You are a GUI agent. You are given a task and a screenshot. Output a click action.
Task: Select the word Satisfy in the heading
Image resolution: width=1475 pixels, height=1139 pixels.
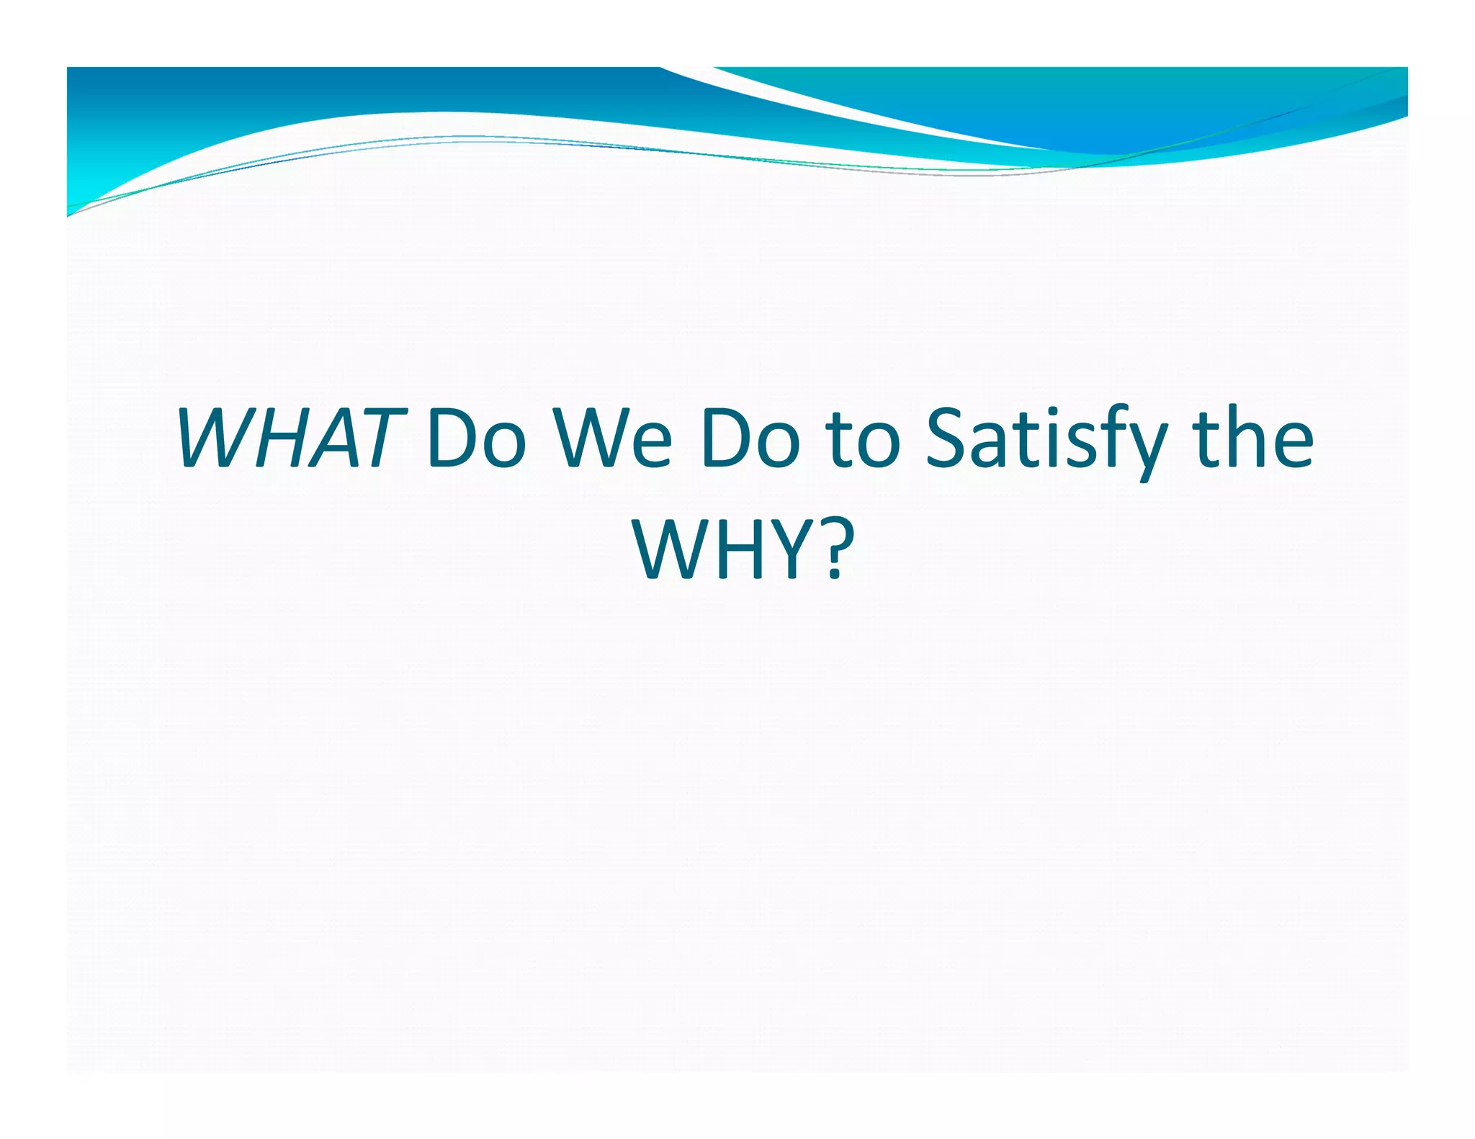[x=1044, y=439]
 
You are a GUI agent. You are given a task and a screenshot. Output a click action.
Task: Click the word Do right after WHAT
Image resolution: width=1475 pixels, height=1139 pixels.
[x=475, y=438]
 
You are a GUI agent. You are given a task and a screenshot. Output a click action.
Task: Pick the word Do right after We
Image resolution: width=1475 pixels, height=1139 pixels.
[x=749, y=438]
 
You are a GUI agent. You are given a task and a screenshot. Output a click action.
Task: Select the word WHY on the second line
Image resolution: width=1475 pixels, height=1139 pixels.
[x=720, y=551]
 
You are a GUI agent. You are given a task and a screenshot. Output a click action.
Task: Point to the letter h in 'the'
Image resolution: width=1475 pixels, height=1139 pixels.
[x=1250, y=436]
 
